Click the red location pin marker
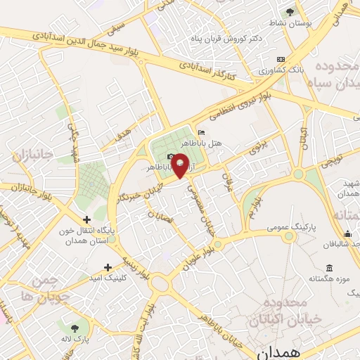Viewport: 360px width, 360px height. pyautogui.click(x=179, y=165)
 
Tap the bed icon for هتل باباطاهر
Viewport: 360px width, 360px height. pyautogui.click(x=202, y=132)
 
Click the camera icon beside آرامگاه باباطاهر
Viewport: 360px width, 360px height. pyautogui.click(x=171, y=156)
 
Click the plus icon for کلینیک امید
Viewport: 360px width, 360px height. pyautogui.click(x=108, y=267)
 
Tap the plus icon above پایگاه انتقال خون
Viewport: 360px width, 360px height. pyautogui.click(x=86, y=219)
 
